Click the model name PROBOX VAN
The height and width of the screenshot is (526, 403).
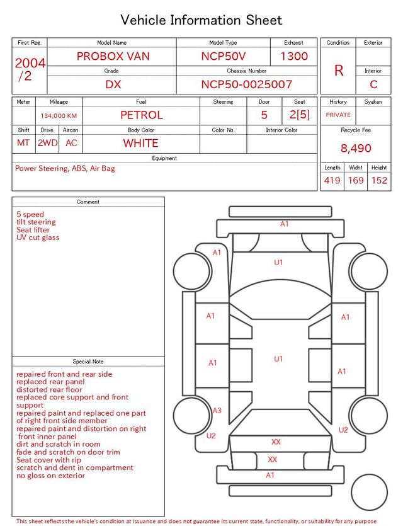tap(113, 56)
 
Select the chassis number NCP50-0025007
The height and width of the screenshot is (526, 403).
tap(246, 84)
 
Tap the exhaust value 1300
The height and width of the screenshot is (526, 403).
tap(294, 56)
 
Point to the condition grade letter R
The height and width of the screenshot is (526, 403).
tap(339, 71)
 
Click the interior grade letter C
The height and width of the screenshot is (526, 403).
tap(373, 84)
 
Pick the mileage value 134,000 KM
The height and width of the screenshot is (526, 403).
tap(59, 116)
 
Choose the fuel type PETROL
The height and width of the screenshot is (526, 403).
tap(142, 115)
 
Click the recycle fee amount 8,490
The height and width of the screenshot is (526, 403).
tap(356, 148)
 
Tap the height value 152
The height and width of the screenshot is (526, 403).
tap(379, 180)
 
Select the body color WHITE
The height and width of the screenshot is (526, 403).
tap(140, 143)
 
